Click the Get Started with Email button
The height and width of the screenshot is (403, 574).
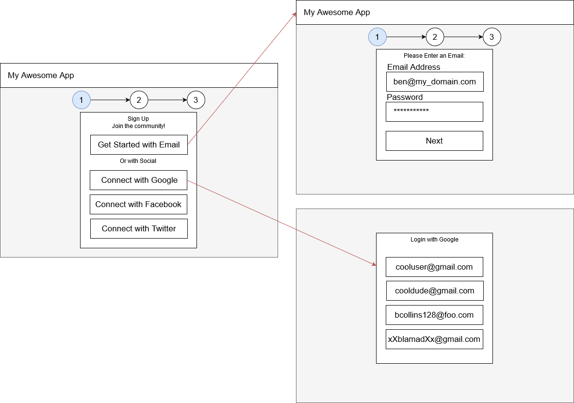(x=139, y=145)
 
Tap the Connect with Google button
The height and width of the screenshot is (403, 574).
(x=139, y=180)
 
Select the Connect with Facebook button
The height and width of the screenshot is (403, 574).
(x=138, y=204)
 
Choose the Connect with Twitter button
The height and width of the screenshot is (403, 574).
(x=139, y=228)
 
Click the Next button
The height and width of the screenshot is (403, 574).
(x=434, y=141)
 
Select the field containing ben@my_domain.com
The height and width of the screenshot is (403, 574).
(x=434, y=81)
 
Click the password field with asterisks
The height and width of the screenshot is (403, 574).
(x=434, y=112)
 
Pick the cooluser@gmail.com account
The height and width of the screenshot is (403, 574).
(x=434, y=267)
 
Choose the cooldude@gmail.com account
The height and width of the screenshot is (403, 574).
(x=434, y=290)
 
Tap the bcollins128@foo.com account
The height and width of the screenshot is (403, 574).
(x=434, y=315)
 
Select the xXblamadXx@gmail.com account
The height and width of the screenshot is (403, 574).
(x=434, y=339)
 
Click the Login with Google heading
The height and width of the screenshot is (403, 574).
(x=434, y=239)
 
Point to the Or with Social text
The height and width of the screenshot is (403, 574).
(x=138, y=161)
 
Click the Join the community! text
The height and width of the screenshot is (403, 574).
(x=138, y=126)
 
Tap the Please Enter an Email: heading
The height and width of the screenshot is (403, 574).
(x=434, y=56)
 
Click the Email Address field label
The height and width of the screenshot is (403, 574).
(x=414, y=67)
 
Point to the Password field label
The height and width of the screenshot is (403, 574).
(x=405, y=97)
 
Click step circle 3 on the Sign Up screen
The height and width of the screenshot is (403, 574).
(x=196, y=100)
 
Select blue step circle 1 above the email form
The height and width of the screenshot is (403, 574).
(x=377, y=37)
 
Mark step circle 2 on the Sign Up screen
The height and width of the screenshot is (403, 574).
(x=139, y=100)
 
